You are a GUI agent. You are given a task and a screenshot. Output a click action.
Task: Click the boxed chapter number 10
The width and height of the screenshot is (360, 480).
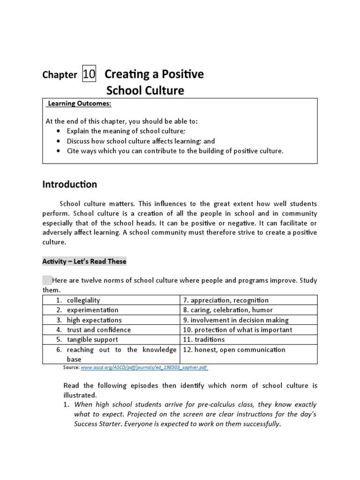pos(89,74)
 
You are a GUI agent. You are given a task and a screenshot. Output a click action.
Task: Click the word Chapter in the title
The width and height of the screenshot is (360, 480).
pos(60,75)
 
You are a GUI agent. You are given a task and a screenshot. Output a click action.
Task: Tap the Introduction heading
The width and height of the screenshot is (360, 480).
pos(70,184)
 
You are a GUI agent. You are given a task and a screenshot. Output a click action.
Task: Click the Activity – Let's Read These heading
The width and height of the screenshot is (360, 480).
pos(84,261)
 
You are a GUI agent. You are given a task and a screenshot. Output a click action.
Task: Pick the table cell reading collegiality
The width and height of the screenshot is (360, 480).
pos(83,300)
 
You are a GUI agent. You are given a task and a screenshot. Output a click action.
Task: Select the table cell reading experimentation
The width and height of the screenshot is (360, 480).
pos(92,310)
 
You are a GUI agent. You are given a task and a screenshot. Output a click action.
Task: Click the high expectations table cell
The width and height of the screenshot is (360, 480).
pos(94,320)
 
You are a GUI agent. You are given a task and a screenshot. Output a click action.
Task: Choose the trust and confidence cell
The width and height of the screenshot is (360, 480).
pos(98,330)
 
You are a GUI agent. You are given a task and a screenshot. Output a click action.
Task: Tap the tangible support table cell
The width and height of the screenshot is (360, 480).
pos(92,339)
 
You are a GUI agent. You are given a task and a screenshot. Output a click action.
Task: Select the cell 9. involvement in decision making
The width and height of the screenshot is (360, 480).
pos(236,320)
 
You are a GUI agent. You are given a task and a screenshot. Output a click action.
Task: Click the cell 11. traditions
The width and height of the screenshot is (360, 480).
pos(204,339)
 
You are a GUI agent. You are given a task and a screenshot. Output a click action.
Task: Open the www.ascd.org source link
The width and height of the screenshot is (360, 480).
pos(144,368)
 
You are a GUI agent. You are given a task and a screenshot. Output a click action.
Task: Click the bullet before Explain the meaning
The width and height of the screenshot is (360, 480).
pos(58,131)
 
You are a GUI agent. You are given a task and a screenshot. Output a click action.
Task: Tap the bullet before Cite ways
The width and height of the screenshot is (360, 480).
pos(58,151)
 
